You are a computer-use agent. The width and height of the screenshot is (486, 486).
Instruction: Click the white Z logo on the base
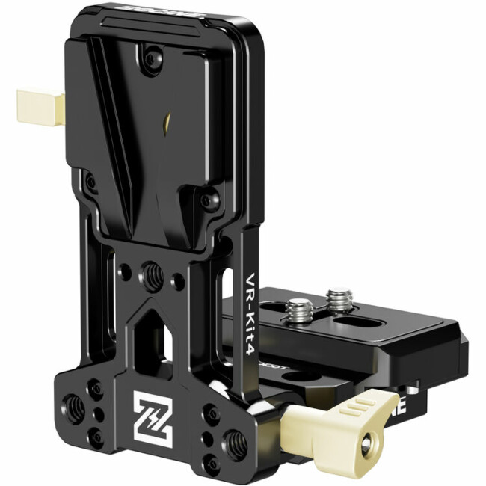[153, 413]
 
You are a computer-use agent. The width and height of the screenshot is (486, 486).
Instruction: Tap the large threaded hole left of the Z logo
[76, 405]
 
